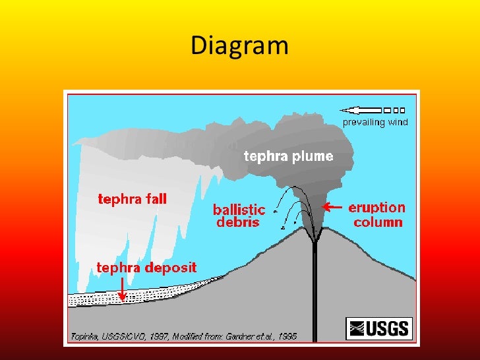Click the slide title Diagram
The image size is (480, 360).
click(x=239, y=45)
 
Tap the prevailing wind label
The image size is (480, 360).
click(x=375, y=122)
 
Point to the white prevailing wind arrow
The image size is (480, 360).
click(x=373, y=110)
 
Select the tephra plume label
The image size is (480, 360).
click(x=289, y=157)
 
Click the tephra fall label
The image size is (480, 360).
click(x=133, y=198)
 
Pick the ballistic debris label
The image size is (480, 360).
click(x=239, y=216)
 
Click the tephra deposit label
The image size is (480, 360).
click(x=146, y=268)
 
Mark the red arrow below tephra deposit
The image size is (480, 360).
click(x=123, y=287)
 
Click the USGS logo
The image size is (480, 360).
click(x=378, y=328)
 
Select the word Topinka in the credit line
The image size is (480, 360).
click(x=88, y=336)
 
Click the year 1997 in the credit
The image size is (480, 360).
click(x=170, y=336)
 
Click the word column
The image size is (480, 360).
click(x=378, y=222)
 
